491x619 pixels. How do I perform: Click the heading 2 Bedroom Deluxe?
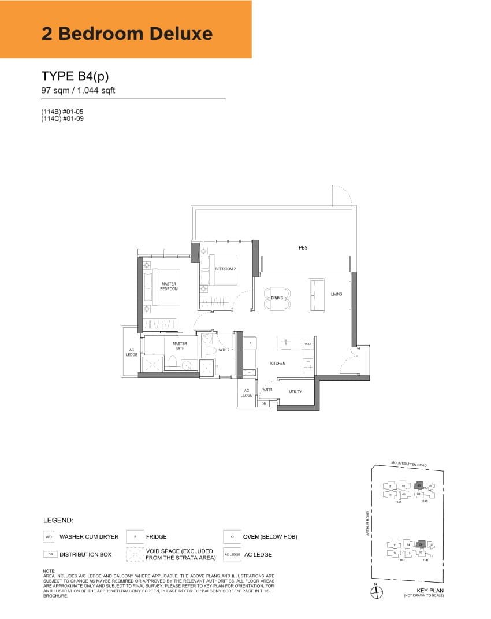[127, 34]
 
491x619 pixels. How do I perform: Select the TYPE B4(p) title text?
[75, 76]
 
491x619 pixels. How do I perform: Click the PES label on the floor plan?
[303, 247]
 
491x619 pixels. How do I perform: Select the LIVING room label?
[336, 294]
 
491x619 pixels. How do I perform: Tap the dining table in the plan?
[277, 298]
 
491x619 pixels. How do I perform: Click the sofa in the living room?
[317, 295]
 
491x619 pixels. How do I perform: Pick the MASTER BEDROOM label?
[169, 286]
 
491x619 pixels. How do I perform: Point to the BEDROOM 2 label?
[225, 269]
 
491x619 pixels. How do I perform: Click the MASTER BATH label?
[179, 346]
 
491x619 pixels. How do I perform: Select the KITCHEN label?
[278, 364]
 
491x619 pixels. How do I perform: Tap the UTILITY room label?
[295, 392]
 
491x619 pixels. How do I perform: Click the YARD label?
[267, 390]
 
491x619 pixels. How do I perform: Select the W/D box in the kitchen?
[307, 344]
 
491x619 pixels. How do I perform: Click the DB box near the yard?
[263, 404]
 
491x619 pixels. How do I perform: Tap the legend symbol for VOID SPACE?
[135, 554]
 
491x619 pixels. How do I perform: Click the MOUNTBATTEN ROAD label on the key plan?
[408, 464]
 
